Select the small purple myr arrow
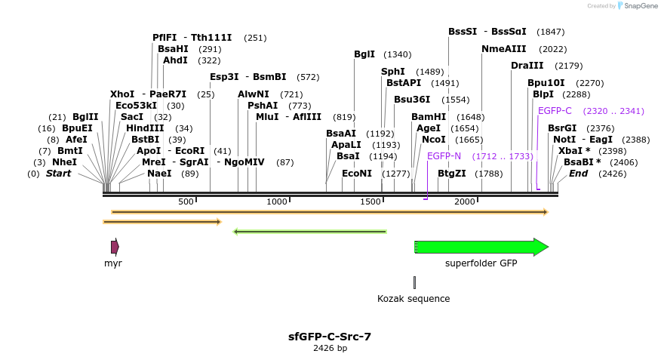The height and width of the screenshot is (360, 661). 115,247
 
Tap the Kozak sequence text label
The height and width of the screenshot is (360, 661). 414,299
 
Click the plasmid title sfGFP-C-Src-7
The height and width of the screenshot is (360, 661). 330,337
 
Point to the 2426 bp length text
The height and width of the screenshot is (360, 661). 330,349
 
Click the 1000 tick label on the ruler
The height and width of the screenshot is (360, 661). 277,202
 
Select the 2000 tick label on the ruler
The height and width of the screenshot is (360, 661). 465,202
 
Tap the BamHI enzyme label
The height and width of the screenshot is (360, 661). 429,117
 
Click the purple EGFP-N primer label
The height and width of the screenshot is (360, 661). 444,156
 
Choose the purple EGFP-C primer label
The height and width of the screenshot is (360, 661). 555,111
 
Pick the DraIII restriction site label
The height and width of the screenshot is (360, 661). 527,66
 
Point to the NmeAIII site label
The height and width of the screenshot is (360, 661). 504,49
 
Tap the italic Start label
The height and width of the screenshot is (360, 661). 58,174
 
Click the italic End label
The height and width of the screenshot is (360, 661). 578,174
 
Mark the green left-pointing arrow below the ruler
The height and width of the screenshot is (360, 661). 310,232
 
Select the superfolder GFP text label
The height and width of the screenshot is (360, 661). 481,263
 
